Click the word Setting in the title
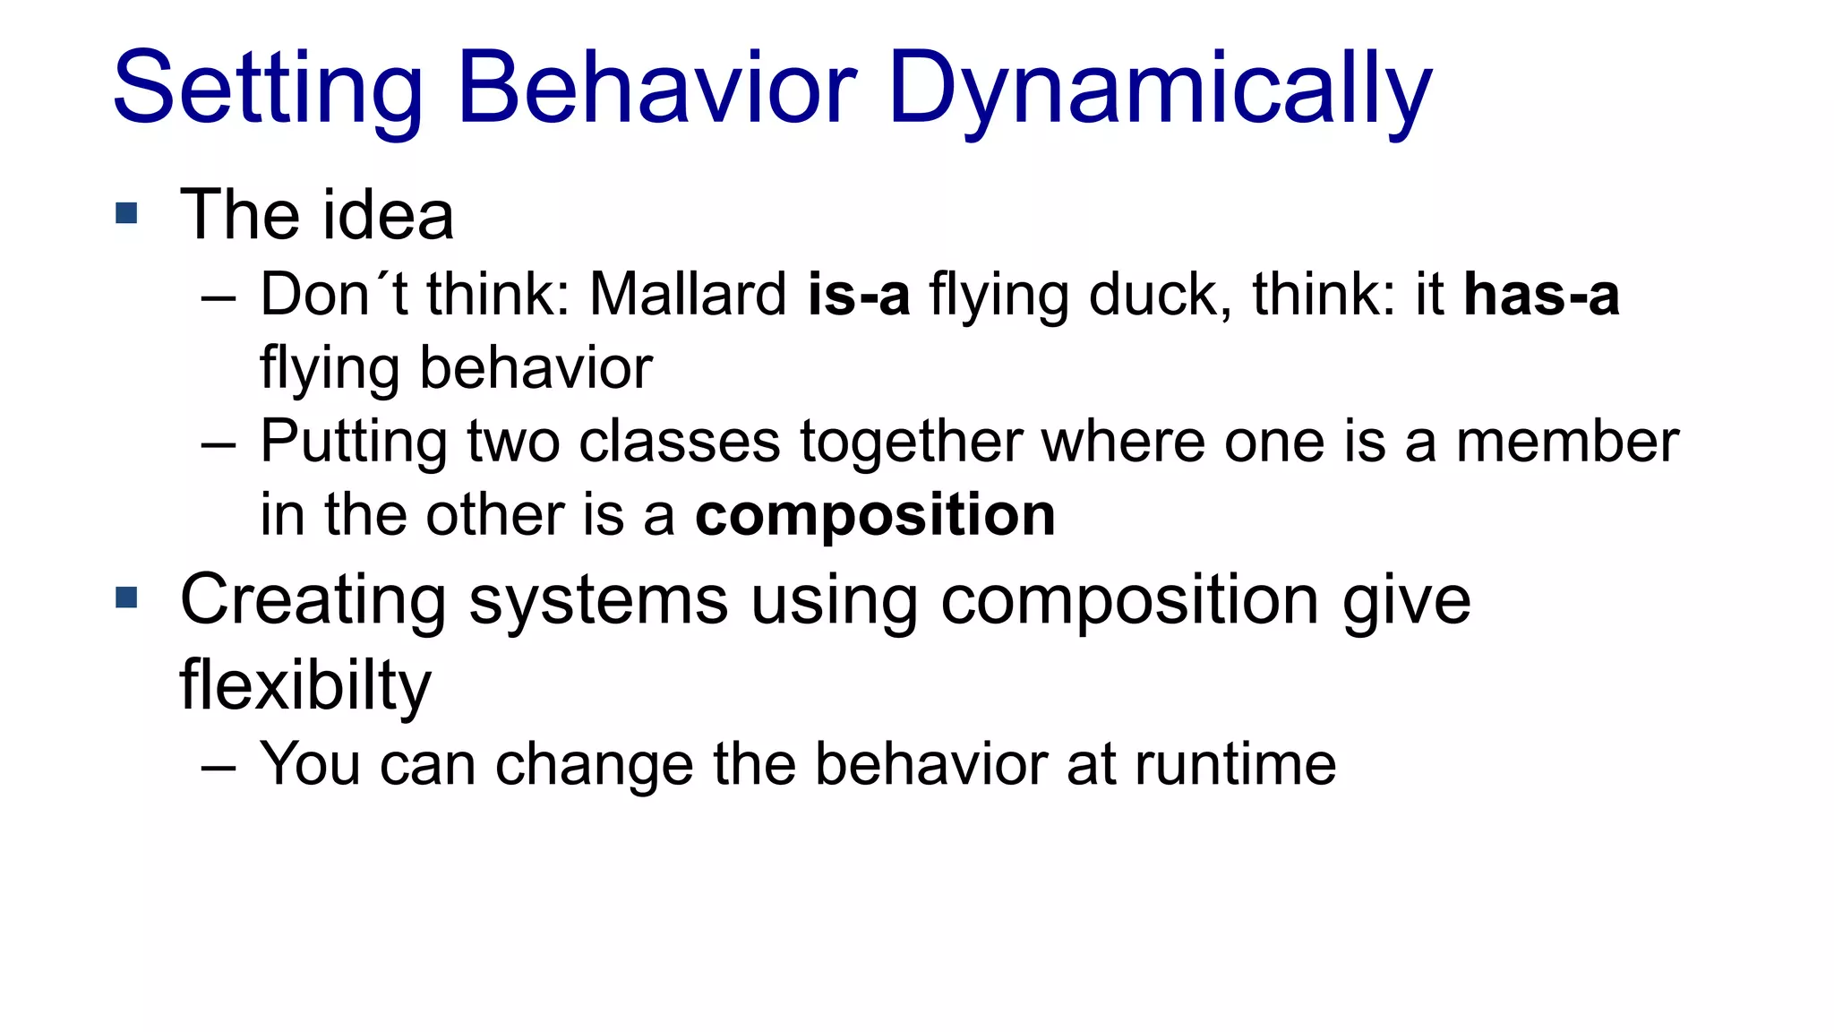point(267,90)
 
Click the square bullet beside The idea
point(127,213)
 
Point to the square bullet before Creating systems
point(127,598)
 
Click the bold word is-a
point(858,295)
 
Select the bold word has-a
point(1540,295)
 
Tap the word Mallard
point(688,295)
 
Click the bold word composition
point(875,516)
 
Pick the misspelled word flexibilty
point(305,685)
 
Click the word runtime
point(1235,764)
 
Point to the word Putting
point(353,443)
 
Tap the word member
point(1566,442)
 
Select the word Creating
point(313,599)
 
